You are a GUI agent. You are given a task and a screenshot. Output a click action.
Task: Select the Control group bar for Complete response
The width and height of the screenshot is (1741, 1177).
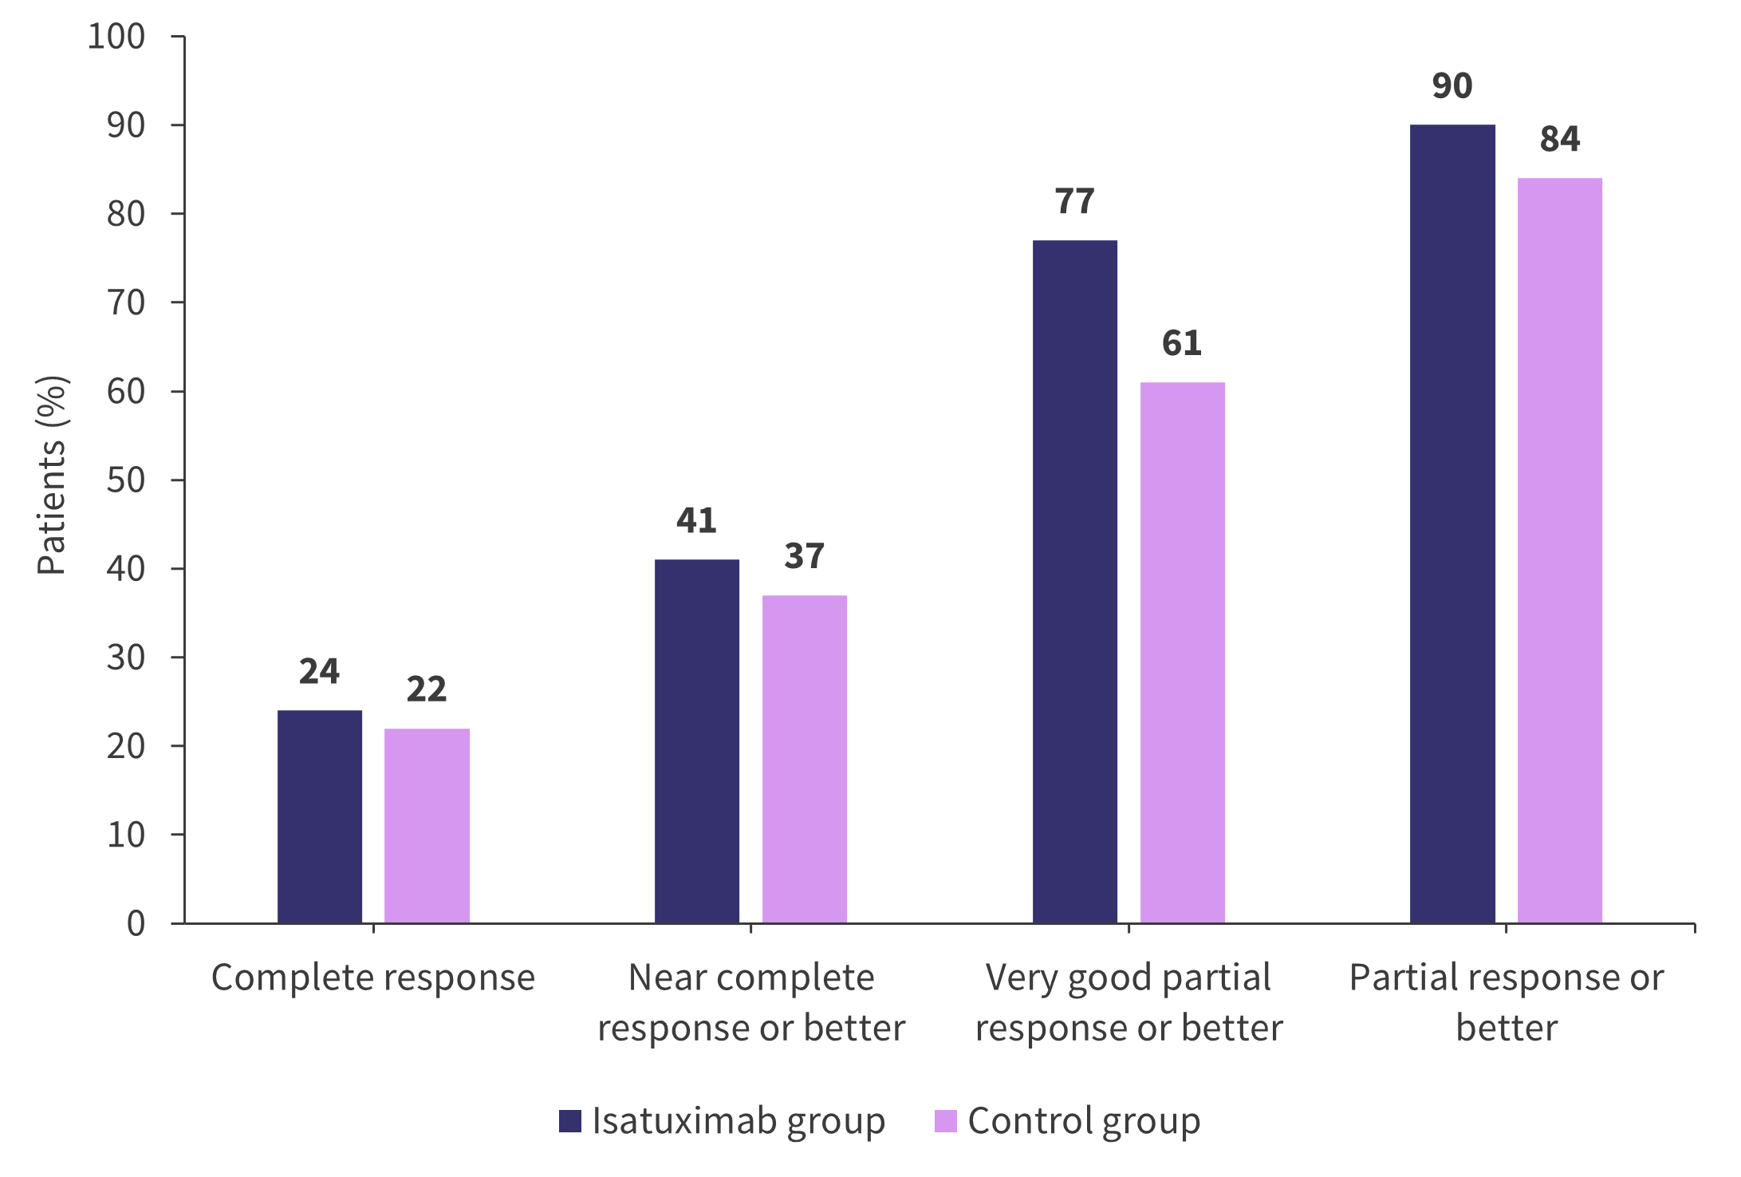click(427, 826)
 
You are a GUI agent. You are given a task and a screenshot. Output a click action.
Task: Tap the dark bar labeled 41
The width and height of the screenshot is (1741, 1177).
click(697, 741)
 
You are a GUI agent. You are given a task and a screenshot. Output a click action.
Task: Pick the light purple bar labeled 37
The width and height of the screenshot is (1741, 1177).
click(805, 759)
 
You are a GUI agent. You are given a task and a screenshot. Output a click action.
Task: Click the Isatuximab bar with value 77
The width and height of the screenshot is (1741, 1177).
click(1075, 582)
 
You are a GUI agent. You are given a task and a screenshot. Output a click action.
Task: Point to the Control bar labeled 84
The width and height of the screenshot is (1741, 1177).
click(1560, 551)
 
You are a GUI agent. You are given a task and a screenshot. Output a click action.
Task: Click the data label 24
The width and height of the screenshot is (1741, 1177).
click(319, 672)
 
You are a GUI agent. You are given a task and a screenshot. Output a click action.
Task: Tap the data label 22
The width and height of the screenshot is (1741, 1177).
click(427, 689)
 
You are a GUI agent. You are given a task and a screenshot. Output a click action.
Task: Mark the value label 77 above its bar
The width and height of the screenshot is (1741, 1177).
click(1075, 202)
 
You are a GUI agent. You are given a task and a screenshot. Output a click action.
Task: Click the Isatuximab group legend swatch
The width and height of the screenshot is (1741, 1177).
click(570, 1121)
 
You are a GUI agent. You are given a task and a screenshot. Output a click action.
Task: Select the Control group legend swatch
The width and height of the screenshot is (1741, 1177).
click(945, 1121)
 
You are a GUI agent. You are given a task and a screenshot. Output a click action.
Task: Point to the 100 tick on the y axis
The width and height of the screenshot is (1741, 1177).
click(116, 37)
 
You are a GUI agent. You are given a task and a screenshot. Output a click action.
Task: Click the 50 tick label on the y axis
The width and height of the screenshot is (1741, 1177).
click(126, 480)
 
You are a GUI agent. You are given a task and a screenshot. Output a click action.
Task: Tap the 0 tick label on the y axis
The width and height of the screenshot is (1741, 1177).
click(136, 923)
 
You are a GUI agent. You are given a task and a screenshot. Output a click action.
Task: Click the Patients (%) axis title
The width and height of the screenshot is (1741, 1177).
click(52, 476)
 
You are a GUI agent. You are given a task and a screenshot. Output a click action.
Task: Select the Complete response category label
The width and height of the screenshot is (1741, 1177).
click(373, 978)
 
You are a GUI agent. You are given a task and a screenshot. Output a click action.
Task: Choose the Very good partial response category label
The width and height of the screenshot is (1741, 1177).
click(1128, 1002)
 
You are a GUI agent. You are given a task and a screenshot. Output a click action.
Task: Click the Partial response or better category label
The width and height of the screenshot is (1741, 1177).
click(1507, 1002)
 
